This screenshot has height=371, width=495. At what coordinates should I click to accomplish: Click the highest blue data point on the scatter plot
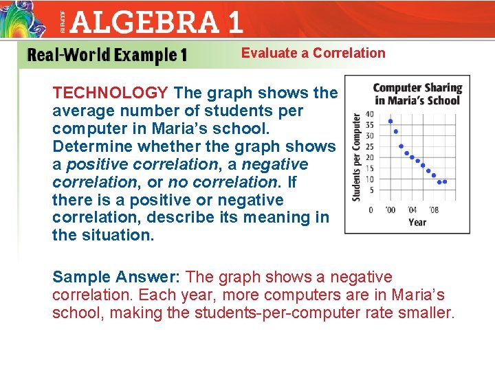pyautogui.click(x=390, y=121)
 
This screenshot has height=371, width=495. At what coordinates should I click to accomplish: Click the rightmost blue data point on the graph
pyautogui.click(x=445, y=182)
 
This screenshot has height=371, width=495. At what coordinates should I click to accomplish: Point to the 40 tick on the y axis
pyautogui.click(x=370, y=114)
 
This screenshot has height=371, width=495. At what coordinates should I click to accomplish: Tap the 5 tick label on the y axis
pyautogui.click(x=372, y=190)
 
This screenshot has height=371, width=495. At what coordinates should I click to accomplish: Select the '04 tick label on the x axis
pyautogui.click(x=412, y=210)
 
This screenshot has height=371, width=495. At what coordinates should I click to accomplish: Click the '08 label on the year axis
pyautogui.click(x=433, y=210)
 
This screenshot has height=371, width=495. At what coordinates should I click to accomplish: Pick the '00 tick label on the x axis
pyautogui.click(x=390, y=210)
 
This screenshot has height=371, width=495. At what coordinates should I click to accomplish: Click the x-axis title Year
pyautogui.click(x=417, y=222)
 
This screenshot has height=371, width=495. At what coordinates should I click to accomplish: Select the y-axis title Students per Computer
pyautogui.click(x=357, y=157)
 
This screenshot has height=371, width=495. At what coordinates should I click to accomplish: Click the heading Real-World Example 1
pyautogui.click(x=107, y=55)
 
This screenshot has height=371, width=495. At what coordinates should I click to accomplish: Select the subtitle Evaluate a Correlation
pyautogui.click(x=313, y=53)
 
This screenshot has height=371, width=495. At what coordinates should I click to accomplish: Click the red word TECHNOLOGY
pyautogui.click(x=111, y=93)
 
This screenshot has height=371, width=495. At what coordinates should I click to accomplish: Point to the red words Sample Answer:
pyautogui.click(x=116, y=277)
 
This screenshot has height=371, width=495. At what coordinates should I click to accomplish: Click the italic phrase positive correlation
pyautogui.click(x=141, y=164)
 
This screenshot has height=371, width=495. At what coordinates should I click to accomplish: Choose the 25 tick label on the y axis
pyautogui.click(x=370, y=146)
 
